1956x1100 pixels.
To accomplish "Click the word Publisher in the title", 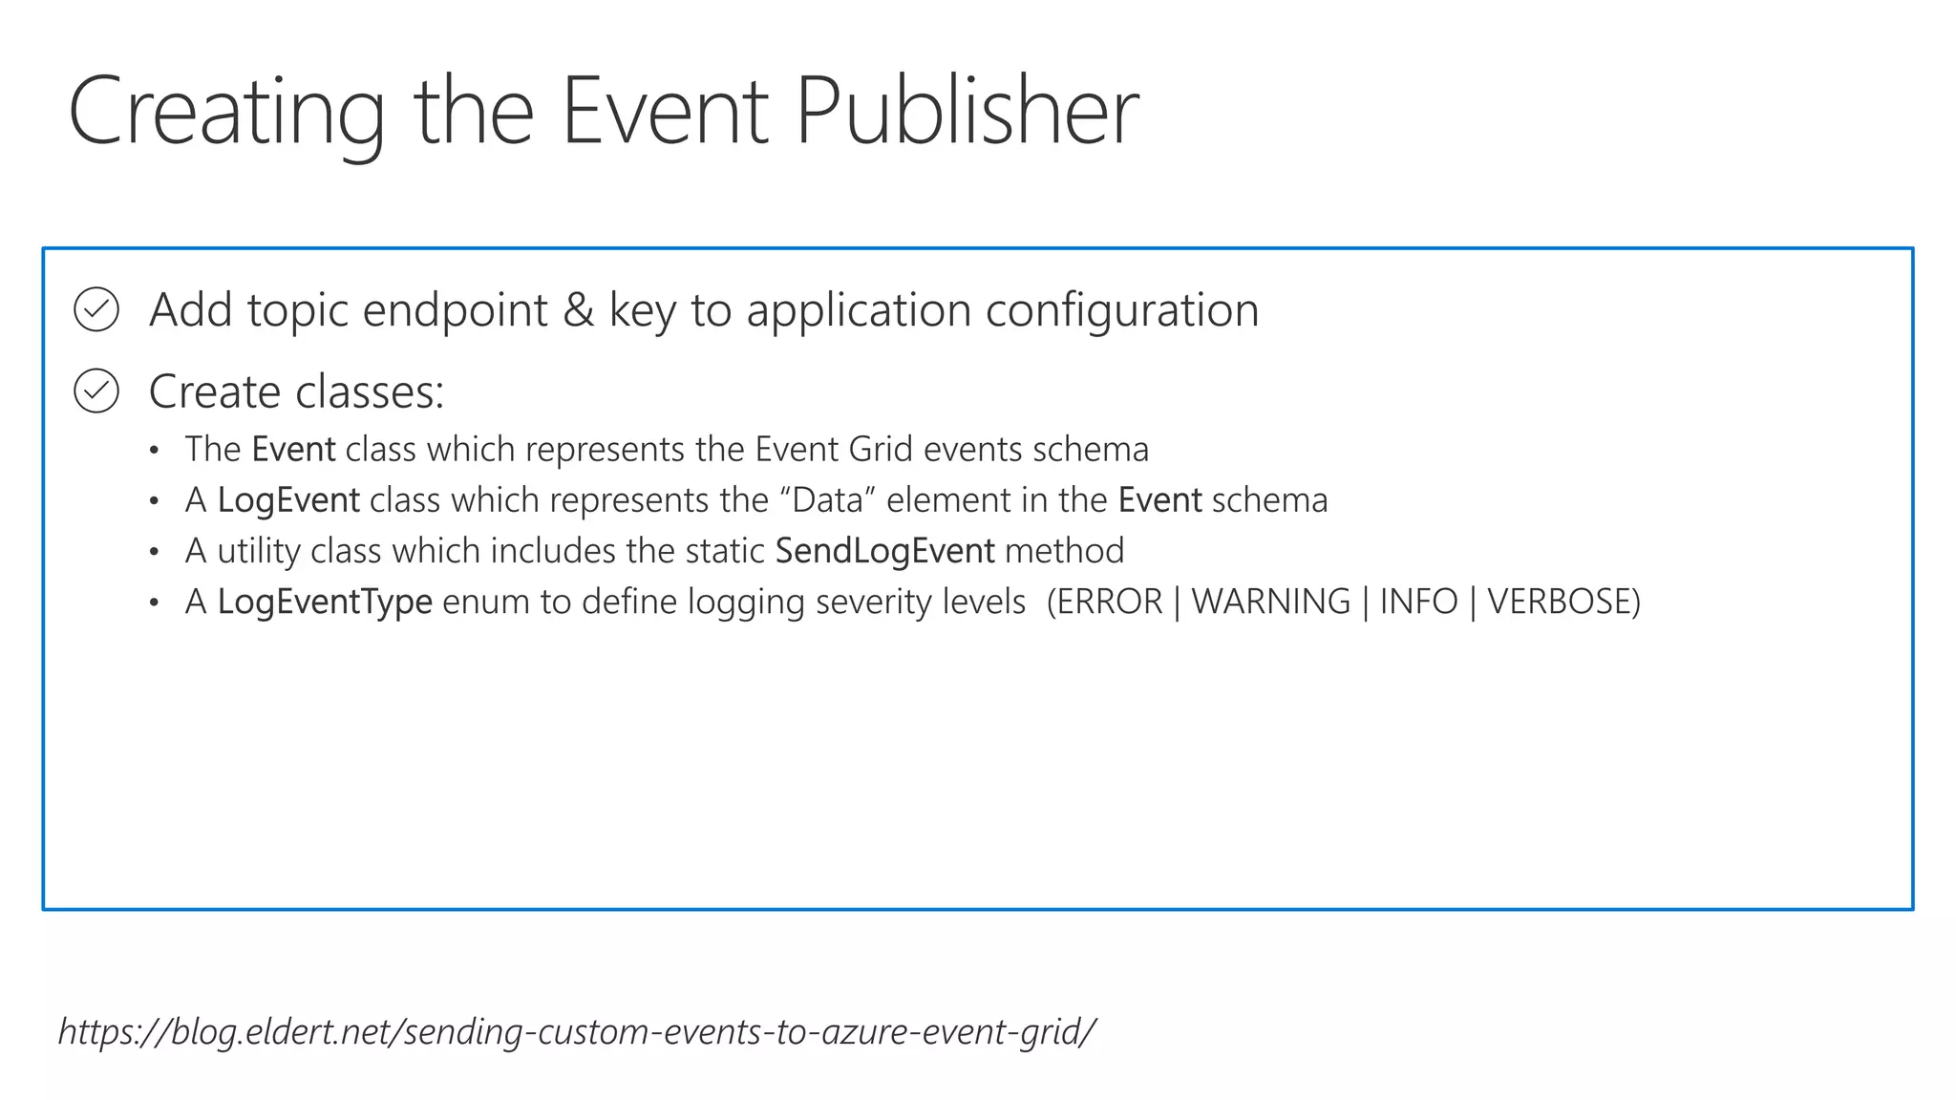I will [967, 112].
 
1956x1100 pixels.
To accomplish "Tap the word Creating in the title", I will [226, 112].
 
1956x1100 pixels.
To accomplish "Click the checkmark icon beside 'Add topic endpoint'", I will [96, 309].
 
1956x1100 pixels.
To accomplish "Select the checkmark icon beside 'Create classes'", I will [96, 391].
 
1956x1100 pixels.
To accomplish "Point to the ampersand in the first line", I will [578, 309].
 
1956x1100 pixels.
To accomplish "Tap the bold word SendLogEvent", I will [884, 551].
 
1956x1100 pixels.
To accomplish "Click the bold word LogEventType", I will [325, 602].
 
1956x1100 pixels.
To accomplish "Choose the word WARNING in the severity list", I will [1271, 602].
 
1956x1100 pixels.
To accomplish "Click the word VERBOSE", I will [1563, 602].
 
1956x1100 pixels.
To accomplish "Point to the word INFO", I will [1418, 602].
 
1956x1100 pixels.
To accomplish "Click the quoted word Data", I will [827, 500].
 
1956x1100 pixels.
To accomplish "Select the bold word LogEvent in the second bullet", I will [288, 500].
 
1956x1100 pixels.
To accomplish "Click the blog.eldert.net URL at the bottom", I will [577, 1031].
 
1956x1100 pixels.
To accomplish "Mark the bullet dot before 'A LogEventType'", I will [155, 603].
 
